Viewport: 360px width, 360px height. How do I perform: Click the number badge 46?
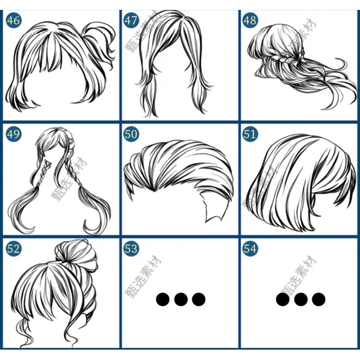pos(13,20)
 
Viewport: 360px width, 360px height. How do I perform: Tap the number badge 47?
pos(131,20)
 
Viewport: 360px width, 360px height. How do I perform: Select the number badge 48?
pos(250,20)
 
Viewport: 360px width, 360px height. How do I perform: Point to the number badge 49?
pos(13,134)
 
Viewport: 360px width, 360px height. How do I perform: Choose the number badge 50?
pos(131,134)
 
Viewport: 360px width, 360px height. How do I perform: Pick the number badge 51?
pos(250,134)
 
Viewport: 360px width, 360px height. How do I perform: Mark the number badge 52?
pos(13,248)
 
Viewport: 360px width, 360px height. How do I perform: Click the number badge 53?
pos(131,248)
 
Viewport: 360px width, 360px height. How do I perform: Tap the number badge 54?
pos(250,248)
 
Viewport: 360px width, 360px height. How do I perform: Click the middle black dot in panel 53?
pos(181,299)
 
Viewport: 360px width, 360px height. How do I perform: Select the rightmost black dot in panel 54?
pos(319,299)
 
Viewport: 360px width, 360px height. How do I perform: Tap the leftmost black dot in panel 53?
pos(163,299)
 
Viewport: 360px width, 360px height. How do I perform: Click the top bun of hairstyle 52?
pos(77,254)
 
